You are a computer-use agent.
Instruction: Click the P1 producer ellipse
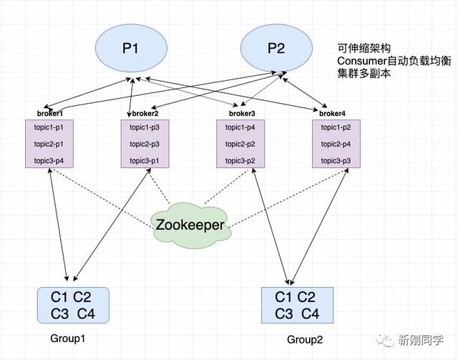tap(131, 49)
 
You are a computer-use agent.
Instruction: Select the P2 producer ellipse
tap(276, 49)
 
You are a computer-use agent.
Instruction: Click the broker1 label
tap(50, 114)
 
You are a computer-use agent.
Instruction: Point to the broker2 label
tap(145, 114)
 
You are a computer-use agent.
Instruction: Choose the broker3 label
tap(241, 114)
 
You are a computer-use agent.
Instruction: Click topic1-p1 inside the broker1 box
tap(50, 127)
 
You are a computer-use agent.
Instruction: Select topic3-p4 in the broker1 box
tap(50, 161)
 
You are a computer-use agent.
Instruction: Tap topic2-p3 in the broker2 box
tap(145, 144)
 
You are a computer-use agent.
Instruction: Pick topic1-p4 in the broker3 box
tap(241, 127)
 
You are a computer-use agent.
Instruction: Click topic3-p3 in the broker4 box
tap(336, 161)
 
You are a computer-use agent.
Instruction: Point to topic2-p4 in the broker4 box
tap(336, 144)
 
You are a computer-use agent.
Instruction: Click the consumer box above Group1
tap(73, 304)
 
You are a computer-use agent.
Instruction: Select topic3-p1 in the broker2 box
tap(145, 161)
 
